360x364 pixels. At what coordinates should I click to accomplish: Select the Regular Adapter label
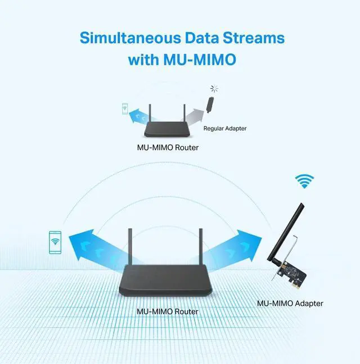225,129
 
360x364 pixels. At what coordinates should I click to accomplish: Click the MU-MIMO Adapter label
290,303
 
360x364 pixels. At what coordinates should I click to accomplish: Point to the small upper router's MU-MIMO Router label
168,148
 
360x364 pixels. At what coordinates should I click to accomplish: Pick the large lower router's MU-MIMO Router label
168,311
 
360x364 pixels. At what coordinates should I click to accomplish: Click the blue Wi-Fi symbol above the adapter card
305,181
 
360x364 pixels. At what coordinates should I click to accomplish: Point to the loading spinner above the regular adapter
213,88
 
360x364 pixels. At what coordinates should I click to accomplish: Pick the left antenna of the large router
130,248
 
